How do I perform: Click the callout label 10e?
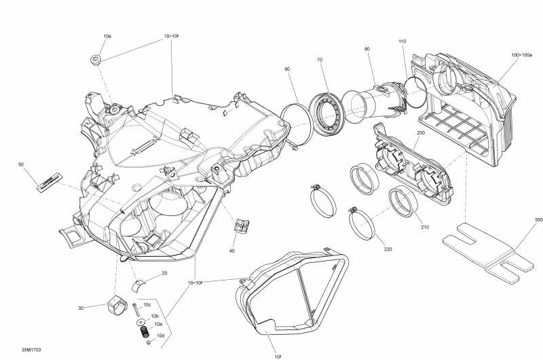[x=107, y=35]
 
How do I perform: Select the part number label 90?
[x=287, y=70]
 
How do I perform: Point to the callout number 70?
[x=319, y=60]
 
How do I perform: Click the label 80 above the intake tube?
[x=367, y=49]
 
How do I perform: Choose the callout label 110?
[x=402, y=42]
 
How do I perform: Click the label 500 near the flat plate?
[x=539, y=220]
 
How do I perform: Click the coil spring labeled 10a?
[x=144, y=334]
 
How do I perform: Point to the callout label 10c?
[x=147, y=305]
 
